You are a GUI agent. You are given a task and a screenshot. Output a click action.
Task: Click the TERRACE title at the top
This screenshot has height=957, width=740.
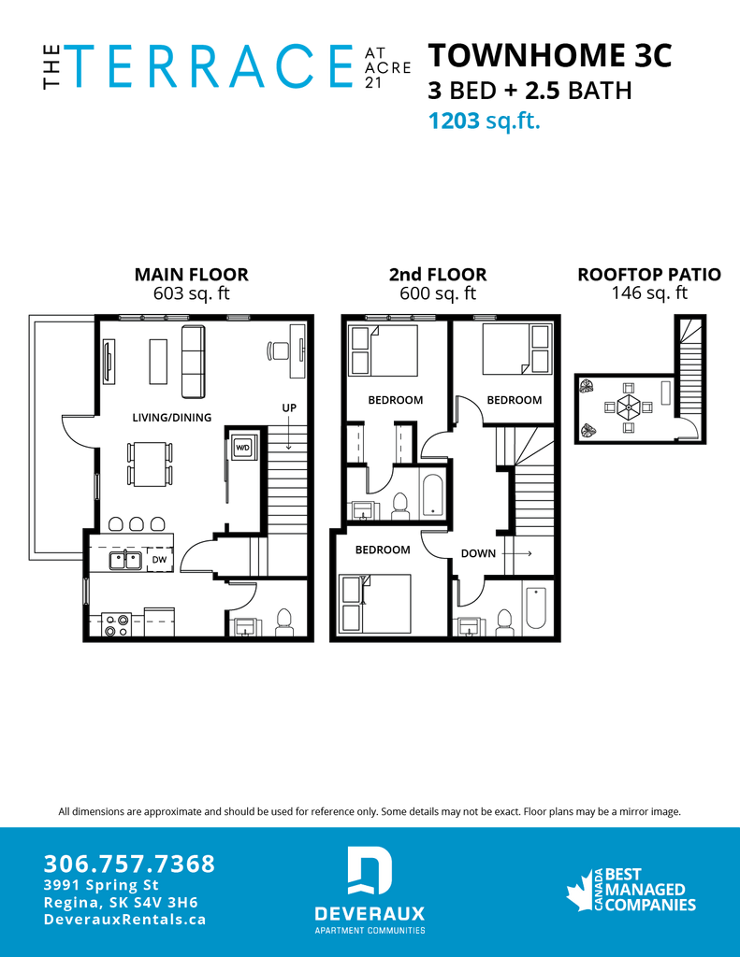(209, 65)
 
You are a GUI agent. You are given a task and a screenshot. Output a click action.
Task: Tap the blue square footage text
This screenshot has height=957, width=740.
(485, 121)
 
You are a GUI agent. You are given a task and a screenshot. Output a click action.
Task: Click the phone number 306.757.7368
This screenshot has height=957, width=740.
(129, 864)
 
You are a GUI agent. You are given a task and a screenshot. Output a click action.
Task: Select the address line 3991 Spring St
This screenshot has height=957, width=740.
(101, 885)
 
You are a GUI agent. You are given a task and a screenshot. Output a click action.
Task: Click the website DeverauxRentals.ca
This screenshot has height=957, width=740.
(124, 920)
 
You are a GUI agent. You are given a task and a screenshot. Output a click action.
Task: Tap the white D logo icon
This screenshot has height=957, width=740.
(370, 871)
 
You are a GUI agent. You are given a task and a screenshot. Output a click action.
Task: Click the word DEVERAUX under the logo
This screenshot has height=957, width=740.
(370, 913)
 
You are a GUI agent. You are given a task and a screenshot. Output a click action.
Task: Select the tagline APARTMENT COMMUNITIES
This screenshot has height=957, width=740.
(370, 931)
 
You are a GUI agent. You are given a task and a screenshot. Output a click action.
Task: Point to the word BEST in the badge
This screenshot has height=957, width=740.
(624, 875)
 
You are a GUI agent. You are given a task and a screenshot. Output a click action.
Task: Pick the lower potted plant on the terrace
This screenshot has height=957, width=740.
(588, 429)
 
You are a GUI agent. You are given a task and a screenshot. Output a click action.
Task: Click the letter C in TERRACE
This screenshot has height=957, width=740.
(286, 65)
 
